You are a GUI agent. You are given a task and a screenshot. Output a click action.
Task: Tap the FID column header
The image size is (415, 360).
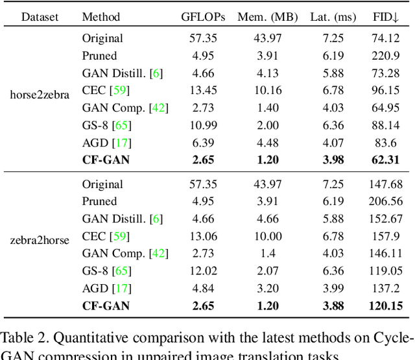pos(386,16)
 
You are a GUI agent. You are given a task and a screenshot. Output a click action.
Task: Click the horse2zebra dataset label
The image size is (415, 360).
pos(40,95)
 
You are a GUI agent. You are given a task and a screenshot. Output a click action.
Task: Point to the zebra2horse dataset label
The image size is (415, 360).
pos(40,241)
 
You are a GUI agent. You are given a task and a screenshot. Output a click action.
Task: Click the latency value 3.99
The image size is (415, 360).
pos(333,288)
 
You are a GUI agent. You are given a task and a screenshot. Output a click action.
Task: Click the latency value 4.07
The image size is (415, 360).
pos(333,142)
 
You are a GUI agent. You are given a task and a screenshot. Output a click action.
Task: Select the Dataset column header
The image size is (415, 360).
pos(40,16)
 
